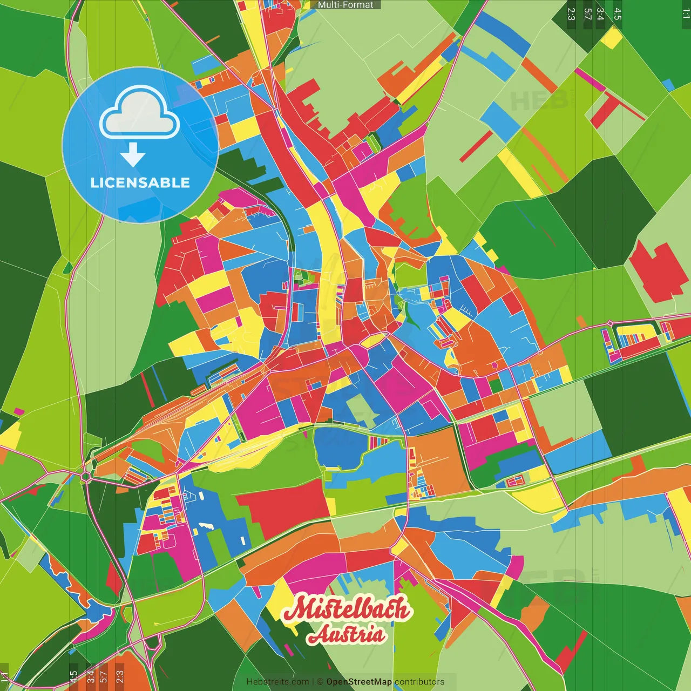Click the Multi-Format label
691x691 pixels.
[x=345, y=5]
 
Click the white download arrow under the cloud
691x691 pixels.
[x=133, y=155]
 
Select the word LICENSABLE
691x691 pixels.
[x=140, y=182]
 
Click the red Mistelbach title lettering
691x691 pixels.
[x=347, y=609]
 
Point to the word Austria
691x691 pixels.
[x=347, y=635]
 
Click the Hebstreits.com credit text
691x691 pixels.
[x=277, y=682]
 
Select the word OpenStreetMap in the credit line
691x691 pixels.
[x=358, y=682]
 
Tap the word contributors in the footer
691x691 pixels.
[x=419, y=682]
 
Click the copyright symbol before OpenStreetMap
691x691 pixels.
[x=320, y=682]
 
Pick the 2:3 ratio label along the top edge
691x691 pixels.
[x=571, y=14]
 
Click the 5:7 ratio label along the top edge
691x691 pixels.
[x=587, y=14]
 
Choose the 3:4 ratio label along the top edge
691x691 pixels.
[x=600, y=14]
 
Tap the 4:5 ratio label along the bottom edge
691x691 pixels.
[x=73, y=677]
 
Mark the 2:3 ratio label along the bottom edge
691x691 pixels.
[x=119, y=677]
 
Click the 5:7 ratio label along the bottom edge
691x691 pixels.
[x=104, y=677]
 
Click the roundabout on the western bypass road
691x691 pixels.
[x=85, y=477]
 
